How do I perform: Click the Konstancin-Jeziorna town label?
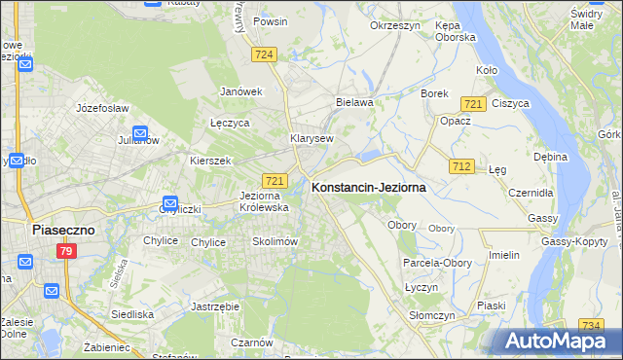click(x=368, y=189)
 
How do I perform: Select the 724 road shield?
click(x=263, y=54)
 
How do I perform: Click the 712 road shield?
click(x=461, y=167)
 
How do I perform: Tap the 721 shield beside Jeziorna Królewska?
click(x=275, y=181)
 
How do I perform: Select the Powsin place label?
click(x=270, y=20)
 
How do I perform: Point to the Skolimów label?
click(x=274, y=241)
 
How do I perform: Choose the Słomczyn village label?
click(x=427, y=315)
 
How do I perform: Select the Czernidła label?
click(x=530, y=193)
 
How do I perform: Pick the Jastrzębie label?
click(x=216, y=306)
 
